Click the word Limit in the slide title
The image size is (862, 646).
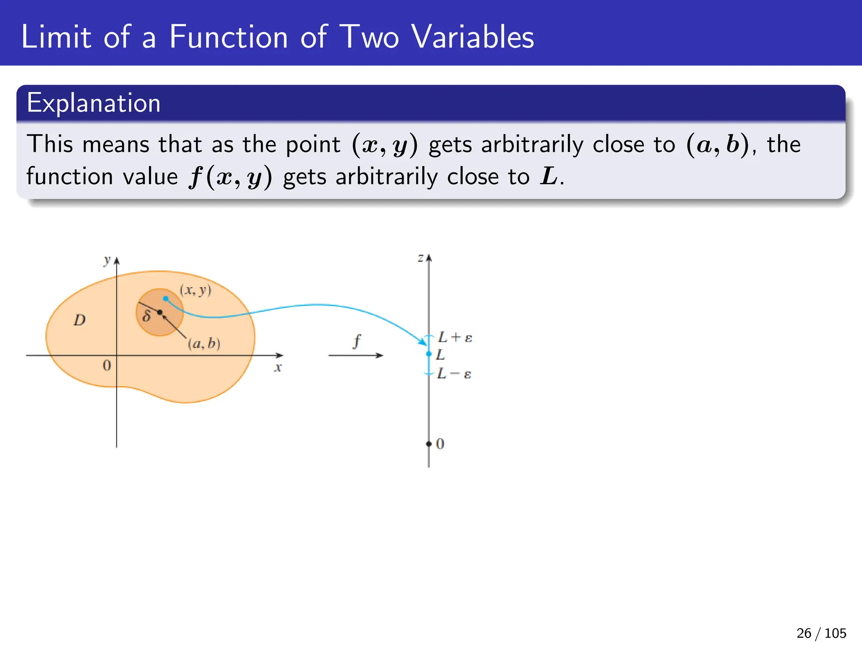pos(56,37)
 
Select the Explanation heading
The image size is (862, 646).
pos(93,103)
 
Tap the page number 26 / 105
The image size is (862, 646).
pos(821,633)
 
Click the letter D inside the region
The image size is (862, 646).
pos(80,320)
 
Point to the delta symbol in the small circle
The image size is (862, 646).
pos(146,316)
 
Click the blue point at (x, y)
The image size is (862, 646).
pos(166,299)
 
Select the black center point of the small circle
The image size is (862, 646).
pos(160,312)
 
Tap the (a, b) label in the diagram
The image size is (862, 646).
pos(204,344)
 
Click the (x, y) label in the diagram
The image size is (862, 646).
pos(196,290)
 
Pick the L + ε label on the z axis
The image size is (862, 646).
pos(455,337)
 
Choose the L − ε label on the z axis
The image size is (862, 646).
pos(454,373)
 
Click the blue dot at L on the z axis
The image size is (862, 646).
pos(429,354)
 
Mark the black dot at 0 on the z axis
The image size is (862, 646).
pos(429,444)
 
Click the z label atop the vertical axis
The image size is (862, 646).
pos(420,258)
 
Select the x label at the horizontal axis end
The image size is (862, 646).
pos(278,368)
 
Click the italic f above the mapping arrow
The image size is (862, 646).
pos(357,341)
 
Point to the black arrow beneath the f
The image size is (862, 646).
pos(356,355)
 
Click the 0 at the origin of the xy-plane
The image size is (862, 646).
pos(107,365)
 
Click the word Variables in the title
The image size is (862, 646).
pos(472,37)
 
